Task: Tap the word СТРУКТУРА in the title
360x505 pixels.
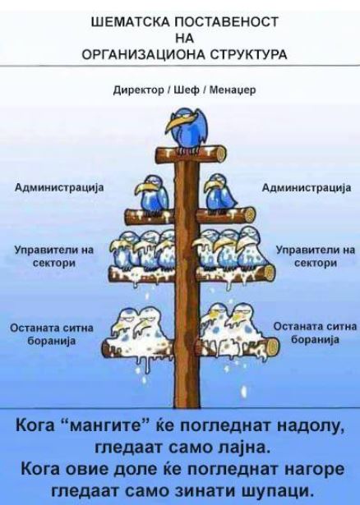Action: click(x=248, y=55)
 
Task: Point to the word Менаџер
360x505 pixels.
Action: click(x=233, y=90)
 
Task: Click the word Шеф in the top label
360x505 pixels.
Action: click(x=187, y=90)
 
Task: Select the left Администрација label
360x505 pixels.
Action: click(x=60, y=188)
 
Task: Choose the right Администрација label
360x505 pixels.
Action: click(x=307, y=188)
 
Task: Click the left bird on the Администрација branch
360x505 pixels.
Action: click(x=152, y=194)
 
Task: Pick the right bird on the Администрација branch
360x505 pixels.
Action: click(x=219, y=194)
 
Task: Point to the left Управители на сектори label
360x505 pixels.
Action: click(x=54, y=256)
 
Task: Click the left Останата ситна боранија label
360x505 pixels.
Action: click(x=52, y=334)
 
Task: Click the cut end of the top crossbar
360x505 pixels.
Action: click(x=219, y=154)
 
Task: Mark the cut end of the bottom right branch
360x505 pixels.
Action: click(x=273, y=347)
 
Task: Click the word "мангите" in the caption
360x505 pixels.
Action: click(x=108, y=427)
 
